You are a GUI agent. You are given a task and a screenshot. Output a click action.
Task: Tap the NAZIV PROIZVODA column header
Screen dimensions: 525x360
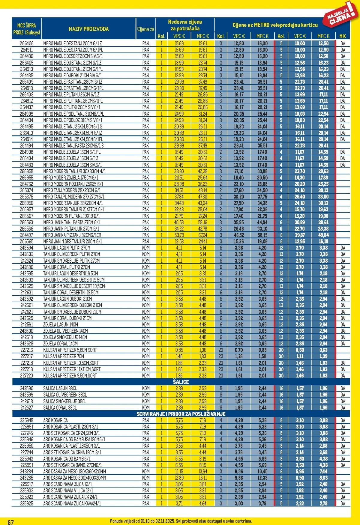point(88,29)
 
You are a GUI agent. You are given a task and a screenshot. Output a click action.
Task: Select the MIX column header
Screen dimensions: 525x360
point(343,36)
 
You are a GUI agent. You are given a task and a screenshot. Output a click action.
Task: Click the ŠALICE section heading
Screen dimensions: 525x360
point(181,382)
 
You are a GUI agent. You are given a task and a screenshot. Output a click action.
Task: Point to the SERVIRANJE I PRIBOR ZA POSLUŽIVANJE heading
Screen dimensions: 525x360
point(181,414)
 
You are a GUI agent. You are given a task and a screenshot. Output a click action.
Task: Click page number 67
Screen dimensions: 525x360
point(11,522)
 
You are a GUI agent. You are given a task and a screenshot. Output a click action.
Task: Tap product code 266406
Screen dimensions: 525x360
point(27,43)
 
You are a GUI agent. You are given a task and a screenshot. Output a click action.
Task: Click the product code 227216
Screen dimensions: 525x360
point(27,350)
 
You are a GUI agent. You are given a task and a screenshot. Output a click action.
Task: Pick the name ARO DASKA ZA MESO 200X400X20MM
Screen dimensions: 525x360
point(75,478)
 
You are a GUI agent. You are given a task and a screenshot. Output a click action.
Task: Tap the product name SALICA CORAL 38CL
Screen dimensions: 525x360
point(60,407)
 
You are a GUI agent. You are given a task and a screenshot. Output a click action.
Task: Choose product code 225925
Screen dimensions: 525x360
point(27,503)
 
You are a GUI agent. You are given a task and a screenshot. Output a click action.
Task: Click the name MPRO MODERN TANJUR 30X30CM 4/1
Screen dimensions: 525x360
point(74,171)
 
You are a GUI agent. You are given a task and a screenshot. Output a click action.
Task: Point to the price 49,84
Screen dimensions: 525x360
point(323,235)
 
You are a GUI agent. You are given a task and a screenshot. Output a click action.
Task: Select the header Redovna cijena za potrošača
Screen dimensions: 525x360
point(185,25)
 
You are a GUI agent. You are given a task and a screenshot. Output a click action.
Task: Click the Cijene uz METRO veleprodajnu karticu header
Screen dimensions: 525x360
point(275,25)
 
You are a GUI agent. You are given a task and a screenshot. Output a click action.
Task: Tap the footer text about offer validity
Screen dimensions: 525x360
point(181,521)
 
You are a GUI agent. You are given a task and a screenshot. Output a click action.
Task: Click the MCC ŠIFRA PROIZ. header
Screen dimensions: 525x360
point(27,29)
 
